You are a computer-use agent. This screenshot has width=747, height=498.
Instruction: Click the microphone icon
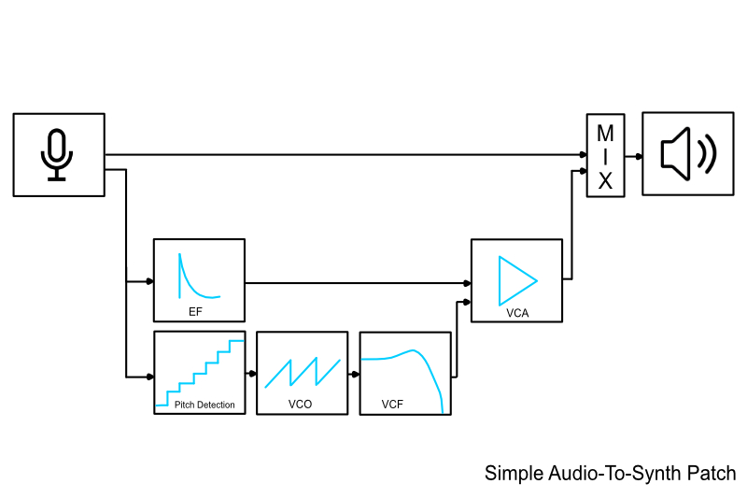[x=58, y=154]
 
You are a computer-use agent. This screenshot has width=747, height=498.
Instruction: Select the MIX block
[x=604, y=155]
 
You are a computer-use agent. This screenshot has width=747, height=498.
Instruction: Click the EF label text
[x=195, y=311]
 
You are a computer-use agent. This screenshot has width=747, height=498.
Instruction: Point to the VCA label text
[x=517, y=313]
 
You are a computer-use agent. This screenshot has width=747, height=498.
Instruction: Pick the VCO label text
[x=301, y=406]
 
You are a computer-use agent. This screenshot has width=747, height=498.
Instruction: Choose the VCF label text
[x=393, y=406]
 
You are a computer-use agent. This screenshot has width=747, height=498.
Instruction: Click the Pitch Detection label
[x=204, y=406]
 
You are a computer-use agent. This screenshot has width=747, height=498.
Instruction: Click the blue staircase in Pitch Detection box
[x=200, y=374]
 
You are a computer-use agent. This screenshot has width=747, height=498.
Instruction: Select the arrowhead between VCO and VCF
[x=355, y=373]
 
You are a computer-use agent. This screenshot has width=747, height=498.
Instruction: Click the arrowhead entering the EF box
[x=149, y=280]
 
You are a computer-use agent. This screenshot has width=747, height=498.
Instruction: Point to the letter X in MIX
[x=604, y=180]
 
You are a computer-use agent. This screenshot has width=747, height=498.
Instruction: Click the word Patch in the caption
[x=711, y=474]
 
